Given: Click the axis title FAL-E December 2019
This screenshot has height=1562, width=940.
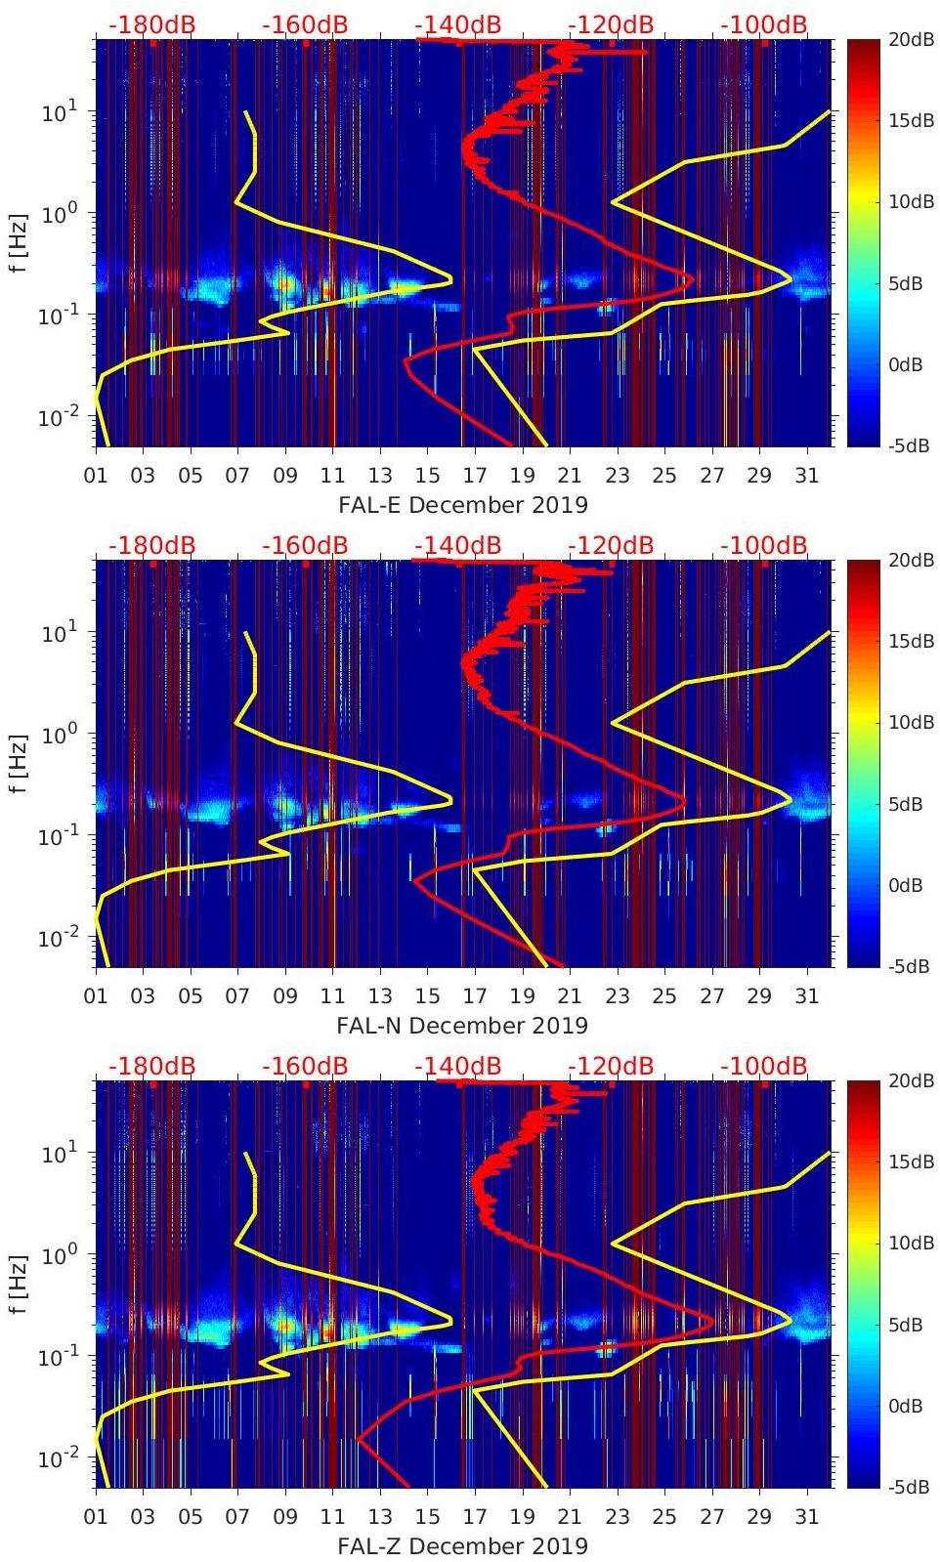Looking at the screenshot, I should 462,505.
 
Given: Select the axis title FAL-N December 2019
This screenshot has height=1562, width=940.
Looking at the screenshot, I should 462,1026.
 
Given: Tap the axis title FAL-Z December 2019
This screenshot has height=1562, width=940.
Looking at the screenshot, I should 462,1546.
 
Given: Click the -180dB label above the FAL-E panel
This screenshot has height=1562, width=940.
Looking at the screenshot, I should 151,24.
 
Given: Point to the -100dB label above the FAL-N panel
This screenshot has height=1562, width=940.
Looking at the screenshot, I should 764,545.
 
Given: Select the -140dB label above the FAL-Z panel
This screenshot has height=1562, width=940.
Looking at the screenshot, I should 457,1066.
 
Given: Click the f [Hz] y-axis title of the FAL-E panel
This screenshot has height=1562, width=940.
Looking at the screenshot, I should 20,243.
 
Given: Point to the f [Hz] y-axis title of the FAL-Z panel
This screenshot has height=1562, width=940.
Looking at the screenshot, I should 20,1285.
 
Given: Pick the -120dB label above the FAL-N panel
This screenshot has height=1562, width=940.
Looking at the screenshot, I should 611,545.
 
